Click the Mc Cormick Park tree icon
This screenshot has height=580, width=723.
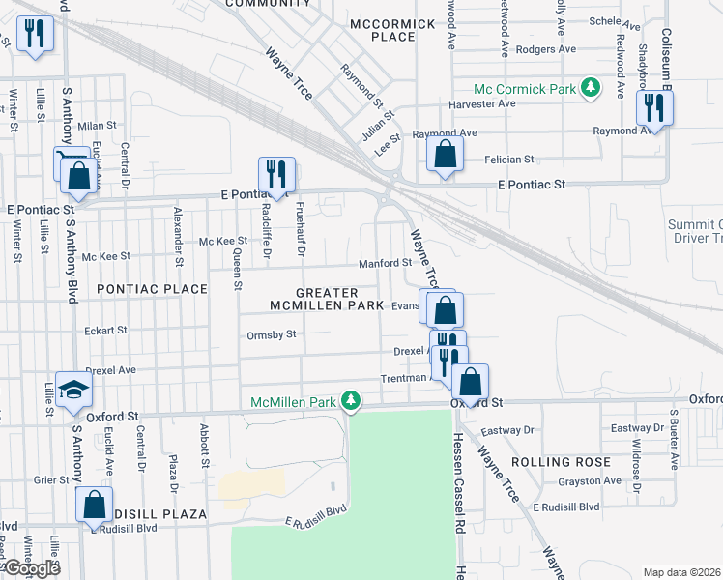pyautogui.click(x=588, y=89)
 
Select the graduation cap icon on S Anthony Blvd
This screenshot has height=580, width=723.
pyautogui.click(x=72, y=389)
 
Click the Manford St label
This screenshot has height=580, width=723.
pyautogui.click(x=385, y=262)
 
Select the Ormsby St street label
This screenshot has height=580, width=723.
pyautogui.click(x=271, y=334)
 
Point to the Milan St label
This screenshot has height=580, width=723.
pyautogui.click(x=97, y=126)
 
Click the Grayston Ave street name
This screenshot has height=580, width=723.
pyautogui.click(x=589, y=480)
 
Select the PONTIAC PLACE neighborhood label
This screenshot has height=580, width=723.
pyautogui.click(x=152, y=289)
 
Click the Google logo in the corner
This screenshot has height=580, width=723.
pyautogui.click(x=32, y=568)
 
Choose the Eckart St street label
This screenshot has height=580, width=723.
pyautogui.click(x=106, y=331)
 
